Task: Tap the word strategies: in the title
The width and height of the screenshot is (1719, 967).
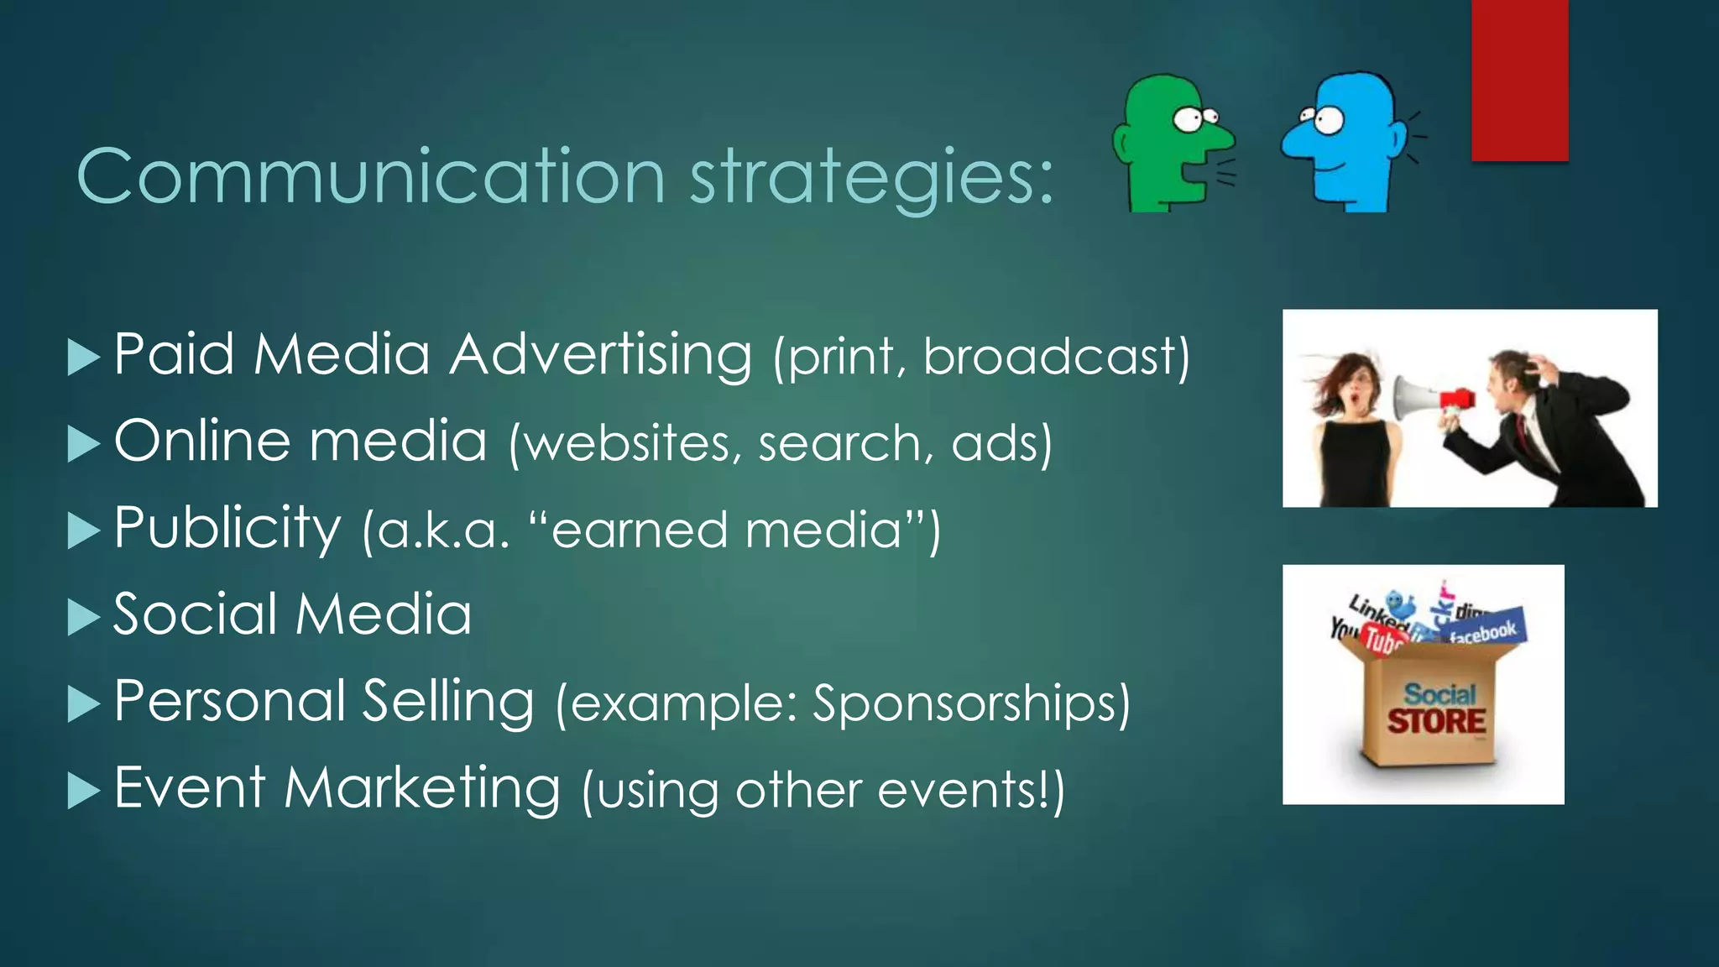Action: (x=871, y=178)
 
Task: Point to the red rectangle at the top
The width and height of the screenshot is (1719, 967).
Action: (x=1519, y=80)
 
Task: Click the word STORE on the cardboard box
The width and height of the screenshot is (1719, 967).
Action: (x=1435, y=721)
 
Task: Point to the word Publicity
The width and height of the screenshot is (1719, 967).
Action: (x=227, y=529)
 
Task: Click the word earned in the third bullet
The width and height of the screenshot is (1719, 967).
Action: (x=639, y=531)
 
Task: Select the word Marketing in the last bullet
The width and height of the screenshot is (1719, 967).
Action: (x=421, y=789)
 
